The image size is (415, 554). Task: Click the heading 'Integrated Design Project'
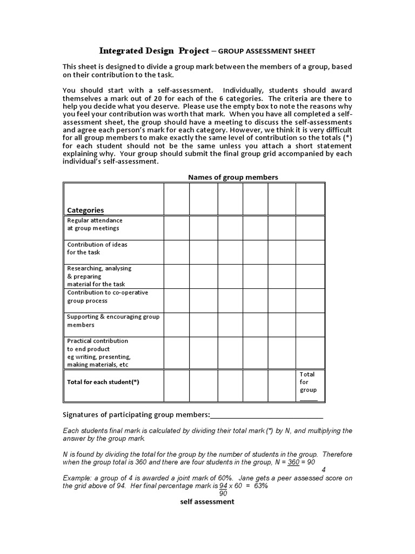click(154, 51)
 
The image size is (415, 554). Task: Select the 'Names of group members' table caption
click(233, 177)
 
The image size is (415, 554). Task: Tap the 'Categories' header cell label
click(85, 210)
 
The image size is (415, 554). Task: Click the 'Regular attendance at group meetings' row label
click(95, 225)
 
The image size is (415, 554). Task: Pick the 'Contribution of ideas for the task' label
click(97, 248)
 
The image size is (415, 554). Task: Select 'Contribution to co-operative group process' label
click(107, 296)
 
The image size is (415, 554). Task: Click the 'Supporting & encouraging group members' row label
click(113, 321)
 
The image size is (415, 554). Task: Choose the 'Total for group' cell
click(309, 382)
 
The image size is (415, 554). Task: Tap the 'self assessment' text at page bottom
click(207, 502)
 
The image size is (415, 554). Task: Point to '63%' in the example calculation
click(260, 486)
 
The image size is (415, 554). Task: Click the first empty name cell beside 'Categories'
click(176, 199)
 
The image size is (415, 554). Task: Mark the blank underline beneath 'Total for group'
click(309, 399)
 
